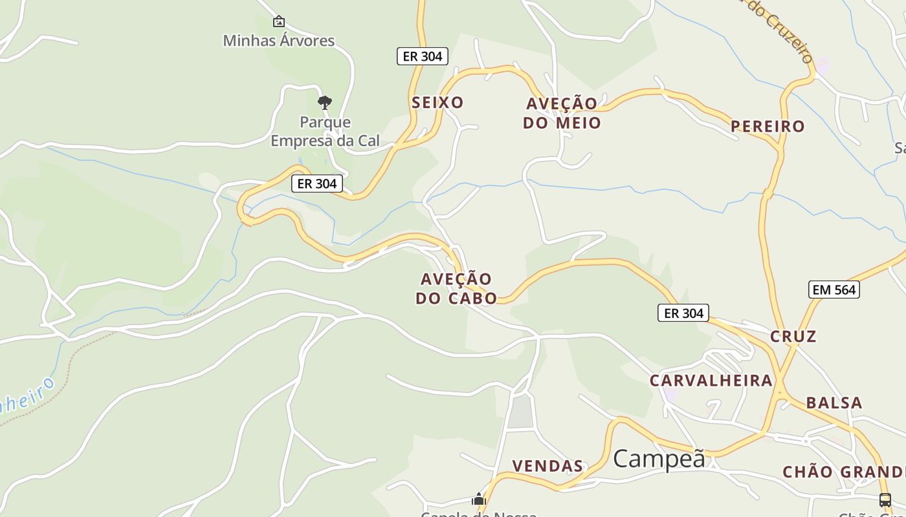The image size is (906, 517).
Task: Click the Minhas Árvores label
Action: coord(278,41)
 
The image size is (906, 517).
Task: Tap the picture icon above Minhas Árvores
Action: coord(278,22)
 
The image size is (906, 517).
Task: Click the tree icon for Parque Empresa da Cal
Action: coord(325,102)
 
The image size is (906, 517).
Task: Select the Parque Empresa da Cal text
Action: coord(325,131)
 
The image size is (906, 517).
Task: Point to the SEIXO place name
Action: coord(437,102)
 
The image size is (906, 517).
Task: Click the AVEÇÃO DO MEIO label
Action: coord(562,113)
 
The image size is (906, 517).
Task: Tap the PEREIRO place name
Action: coord(768,126)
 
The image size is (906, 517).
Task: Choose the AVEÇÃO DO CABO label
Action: coord(456,288)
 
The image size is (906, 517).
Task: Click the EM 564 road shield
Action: coord(834,290)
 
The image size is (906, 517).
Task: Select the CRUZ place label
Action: coord(793,336)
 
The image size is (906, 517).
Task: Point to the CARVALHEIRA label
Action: coord(711,380)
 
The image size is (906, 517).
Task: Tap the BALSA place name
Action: coord(834,403)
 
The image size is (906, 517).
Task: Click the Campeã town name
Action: coord(659,458)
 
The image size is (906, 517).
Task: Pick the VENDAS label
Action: coord(547,466)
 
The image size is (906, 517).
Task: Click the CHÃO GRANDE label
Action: coord(843,472)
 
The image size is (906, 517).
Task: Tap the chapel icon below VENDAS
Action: coord(479,499)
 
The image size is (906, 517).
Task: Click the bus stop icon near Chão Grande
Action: coord(885,500)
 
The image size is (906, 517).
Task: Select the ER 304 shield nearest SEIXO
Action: coord(423,56)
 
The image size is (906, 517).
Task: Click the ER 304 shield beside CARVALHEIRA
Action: coord(683,313)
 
